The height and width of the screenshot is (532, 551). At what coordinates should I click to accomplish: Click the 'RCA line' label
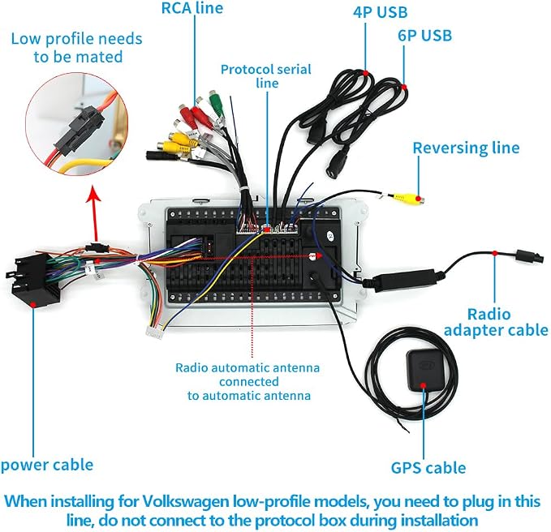(192, 8)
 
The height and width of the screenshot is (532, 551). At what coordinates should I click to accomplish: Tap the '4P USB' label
(381, 12)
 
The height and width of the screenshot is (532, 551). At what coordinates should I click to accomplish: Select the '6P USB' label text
(425, 36)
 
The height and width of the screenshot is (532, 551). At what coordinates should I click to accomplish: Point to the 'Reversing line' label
(466, 148)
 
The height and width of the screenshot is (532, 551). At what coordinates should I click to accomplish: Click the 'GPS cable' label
(428, 468)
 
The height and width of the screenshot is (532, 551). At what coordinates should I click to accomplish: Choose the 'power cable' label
(47, 465)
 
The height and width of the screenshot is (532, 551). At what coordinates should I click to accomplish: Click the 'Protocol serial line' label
(266, 76)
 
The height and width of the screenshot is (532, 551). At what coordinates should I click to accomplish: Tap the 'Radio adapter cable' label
(496, 322)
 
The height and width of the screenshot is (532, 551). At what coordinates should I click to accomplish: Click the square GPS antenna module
(424, 371)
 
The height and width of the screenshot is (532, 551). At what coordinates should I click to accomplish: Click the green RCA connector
(216, 103)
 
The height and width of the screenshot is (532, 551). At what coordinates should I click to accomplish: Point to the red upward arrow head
(93, 194)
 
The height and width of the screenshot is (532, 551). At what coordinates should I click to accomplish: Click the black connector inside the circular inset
(80, 131)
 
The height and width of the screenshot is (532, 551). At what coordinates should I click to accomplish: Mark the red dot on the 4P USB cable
(366, 73)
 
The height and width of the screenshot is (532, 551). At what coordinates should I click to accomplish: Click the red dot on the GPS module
(424, 385)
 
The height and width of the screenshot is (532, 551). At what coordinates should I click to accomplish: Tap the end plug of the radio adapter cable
(530, 256)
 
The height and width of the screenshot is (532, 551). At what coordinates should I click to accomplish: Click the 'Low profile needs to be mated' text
(77, 48)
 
